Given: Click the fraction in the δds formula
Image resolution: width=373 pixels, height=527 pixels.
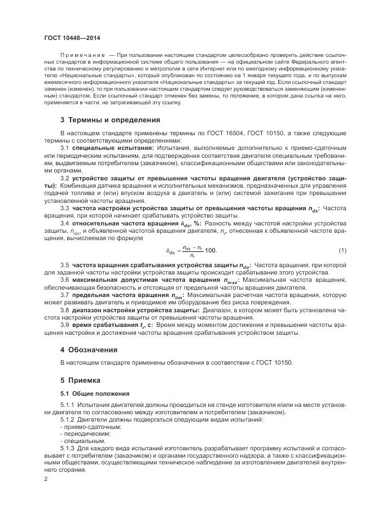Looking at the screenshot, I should click(192, 250).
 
